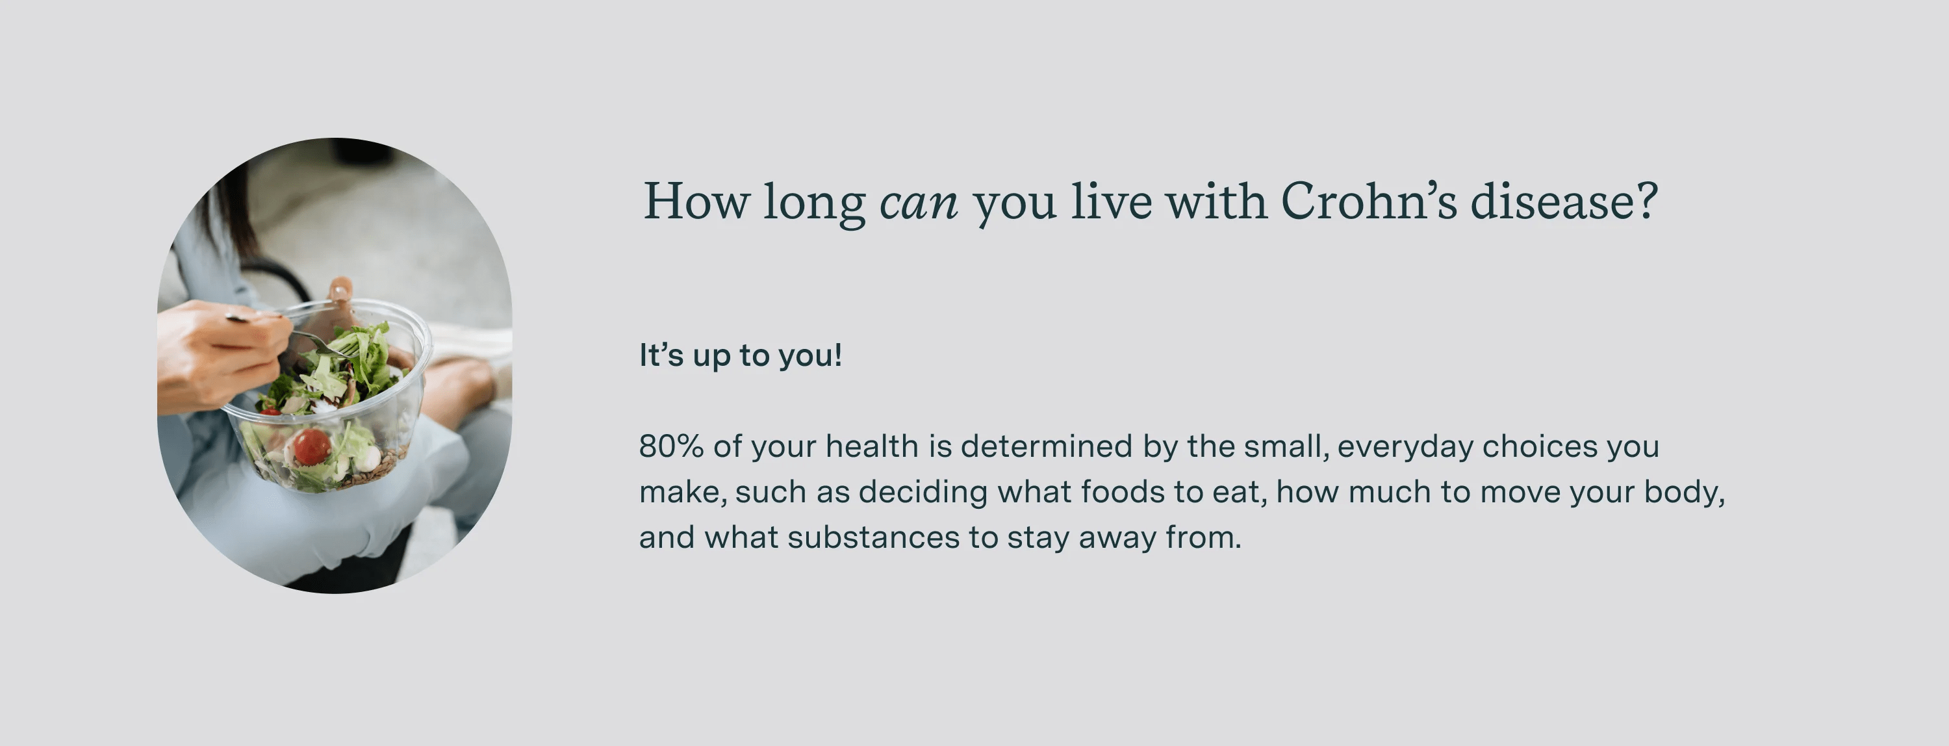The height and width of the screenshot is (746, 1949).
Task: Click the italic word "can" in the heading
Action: (919, 203)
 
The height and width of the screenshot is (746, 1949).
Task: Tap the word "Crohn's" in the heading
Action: (1368, 202)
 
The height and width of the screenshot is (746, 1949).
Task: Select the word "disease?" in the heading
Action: (1564, 202)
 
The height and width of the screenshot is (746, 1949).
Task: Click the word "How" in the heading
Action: (696, 202)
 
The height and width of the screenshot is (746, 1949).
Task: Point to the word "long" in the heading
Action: (813, 203)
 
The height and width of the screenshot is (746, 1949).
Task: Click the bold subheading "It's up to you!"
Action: (740, 355)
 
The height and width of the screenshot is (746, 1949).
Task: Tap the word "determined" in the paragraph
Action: (1047, 446)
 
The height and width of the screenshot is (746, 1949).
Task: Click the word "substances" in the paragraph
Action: (873, 538)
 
